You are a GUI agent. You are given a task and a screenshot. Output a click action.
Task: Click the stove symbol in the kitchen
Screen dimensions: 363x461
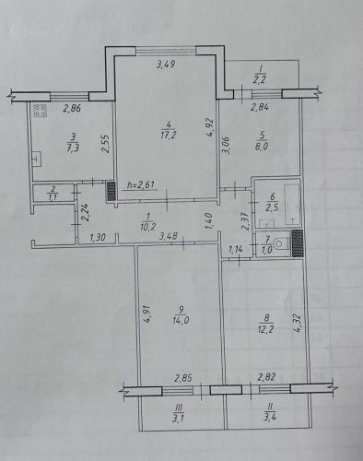pos(41,111)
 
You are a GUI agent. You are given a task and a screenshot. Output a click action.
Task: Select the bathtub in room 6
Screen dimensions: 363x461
pos(292,204)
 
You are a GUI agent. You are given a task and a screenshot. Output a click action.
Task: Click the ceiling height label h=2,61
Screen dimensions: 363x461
pos(141,185)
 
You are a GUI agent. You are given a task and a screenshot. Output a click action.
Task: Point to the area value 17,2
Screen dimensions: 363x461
pos(169,135)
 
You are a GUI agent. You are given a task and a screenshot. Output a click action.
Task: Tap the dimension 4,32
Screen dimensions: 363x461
pos(297,324)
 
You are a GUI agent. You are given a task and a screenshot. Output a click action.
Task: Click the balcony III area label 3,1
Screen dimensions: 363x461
pos(179,418)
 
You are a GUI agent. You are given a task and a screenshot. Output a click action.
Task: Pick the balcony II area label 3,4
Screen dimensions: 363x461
pos(270,418)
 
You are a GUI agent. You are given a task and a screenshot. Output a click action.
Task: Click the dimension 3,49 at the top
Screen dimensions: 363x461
pos(166,65)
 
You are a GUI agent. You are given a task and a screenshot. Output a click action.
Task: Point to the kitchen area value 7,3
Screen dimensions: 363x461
pos(73,148)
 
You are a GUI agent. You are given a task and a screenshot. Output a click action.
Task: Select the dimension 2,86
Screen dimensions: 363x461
pos(72,108)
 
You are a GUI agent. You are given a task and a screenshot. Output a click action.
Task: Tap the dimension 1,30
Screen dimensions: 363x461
pos(98,237)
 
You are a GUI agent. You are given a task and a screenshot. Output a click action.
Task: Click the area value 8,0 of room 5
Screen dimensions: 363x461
pos(262,146)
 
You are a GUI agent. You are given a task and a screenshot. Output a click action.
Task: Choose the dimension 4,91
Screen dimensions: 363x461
pos(147,314)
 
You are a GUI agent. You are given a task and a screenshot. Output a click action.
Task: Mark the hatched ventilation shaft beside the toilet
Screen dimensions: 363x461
pos(297,243)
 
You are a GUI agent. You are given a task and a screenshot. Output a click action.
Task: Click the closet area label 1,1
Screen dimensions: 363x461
pos(53,197)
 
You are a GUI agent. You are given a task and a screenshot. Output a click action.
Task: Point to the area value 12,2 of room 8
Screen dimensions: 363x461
pos(265,329)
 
